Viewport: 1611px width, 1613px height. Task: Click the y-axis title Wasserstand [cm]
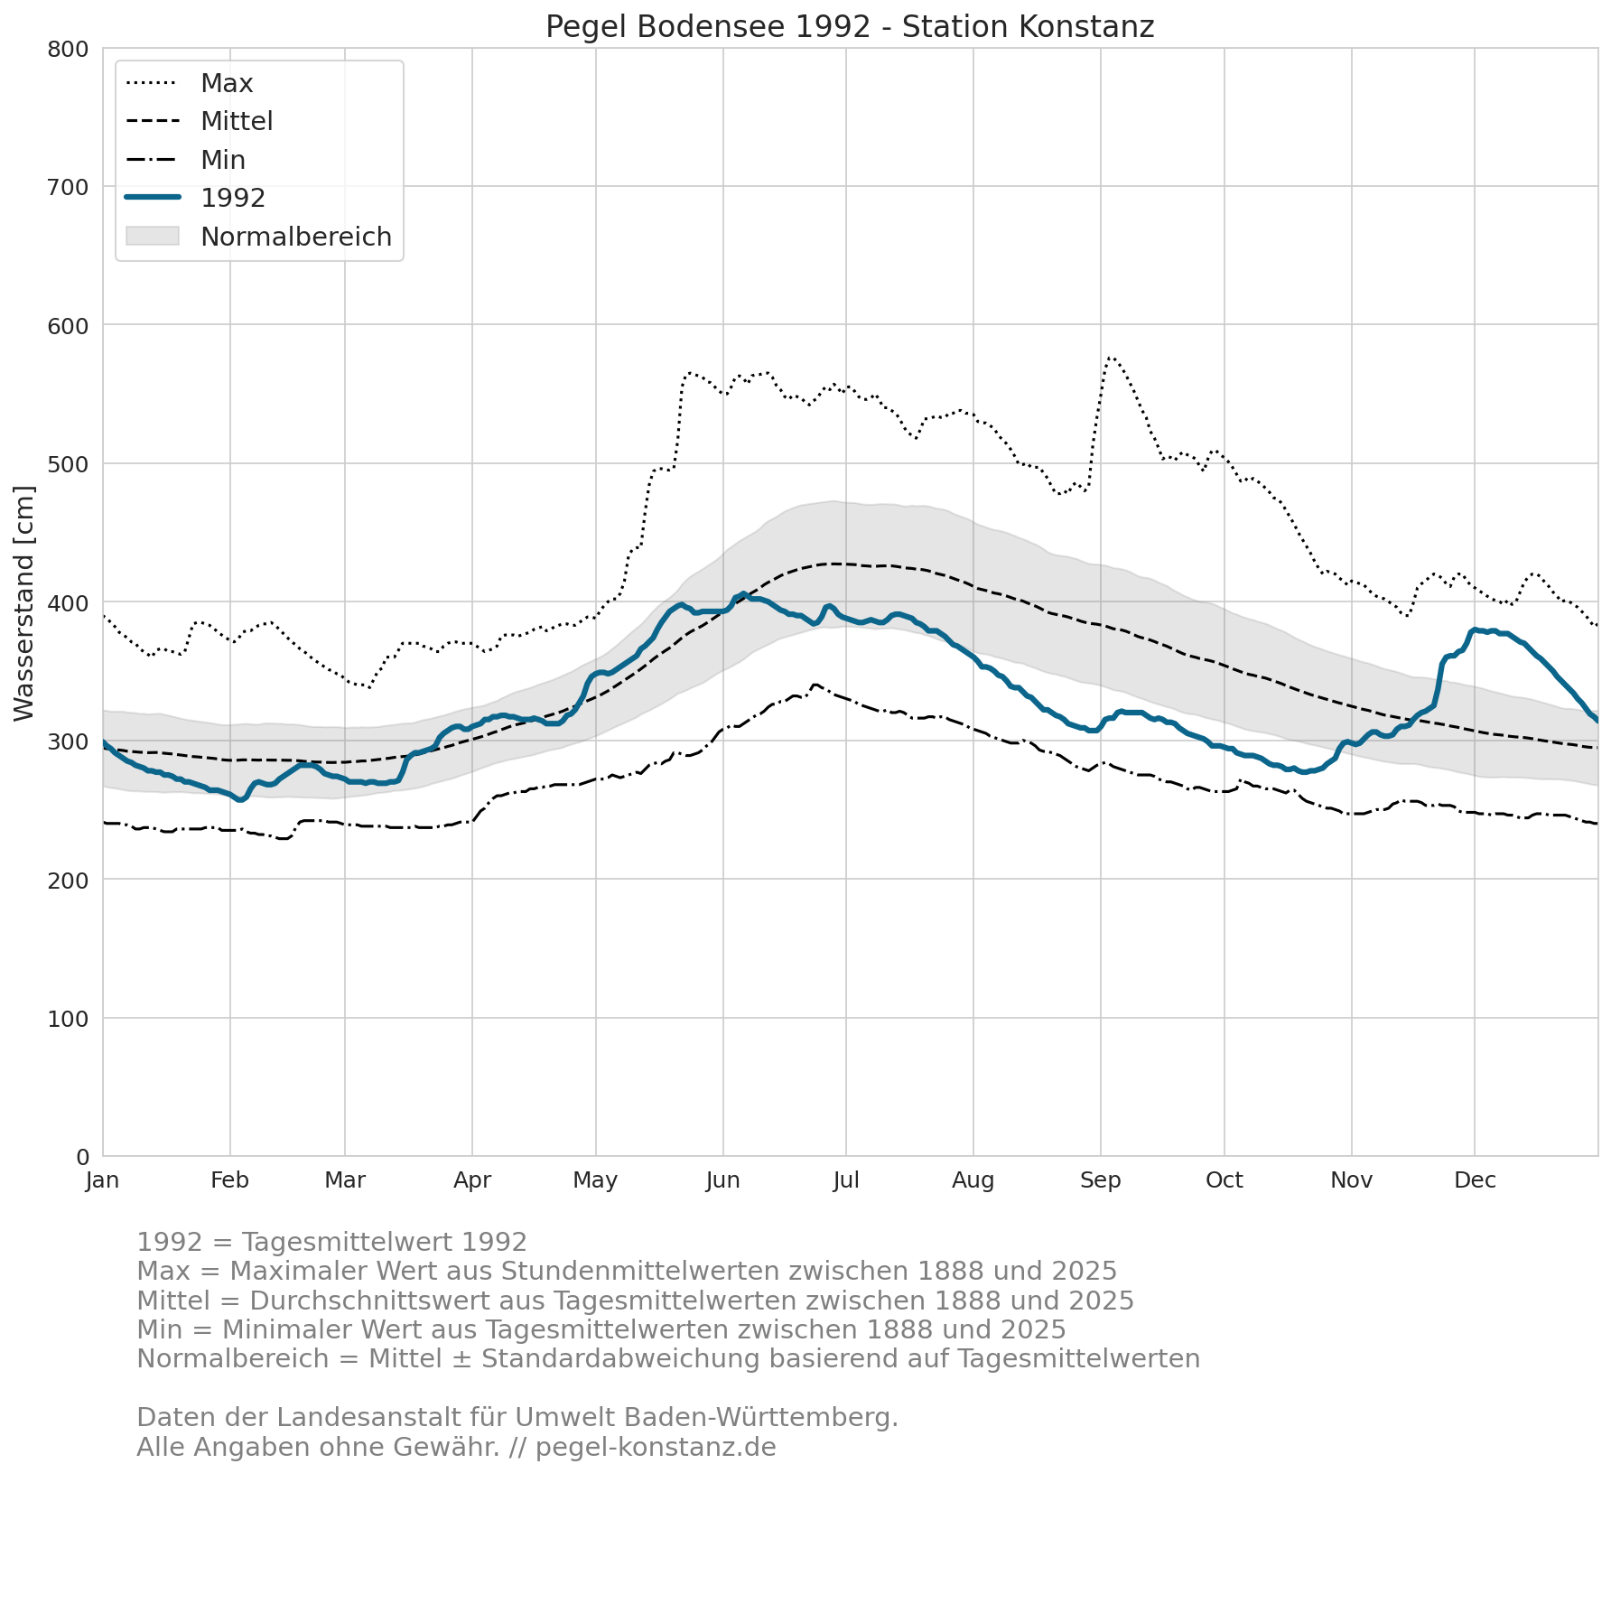pos(24,603)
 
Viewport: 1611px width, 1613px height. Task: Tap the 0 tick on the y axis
pos(82,1157)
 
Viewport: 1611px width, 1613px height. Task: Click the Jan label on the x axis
pos(103,1180)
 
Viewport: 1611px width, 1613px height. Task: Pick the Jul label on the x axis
pos(846,1180)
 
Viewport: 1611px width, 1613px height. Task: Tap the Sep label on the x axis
pos(1101,1180)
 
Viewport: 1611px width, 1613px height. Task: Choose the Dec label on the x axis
pos(1475,1180)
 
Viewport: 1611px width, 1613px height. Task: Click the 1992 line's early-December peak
pos(1475,629)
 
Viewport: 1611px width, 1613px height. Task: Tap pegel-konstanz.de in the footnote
pos(656,1447)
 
